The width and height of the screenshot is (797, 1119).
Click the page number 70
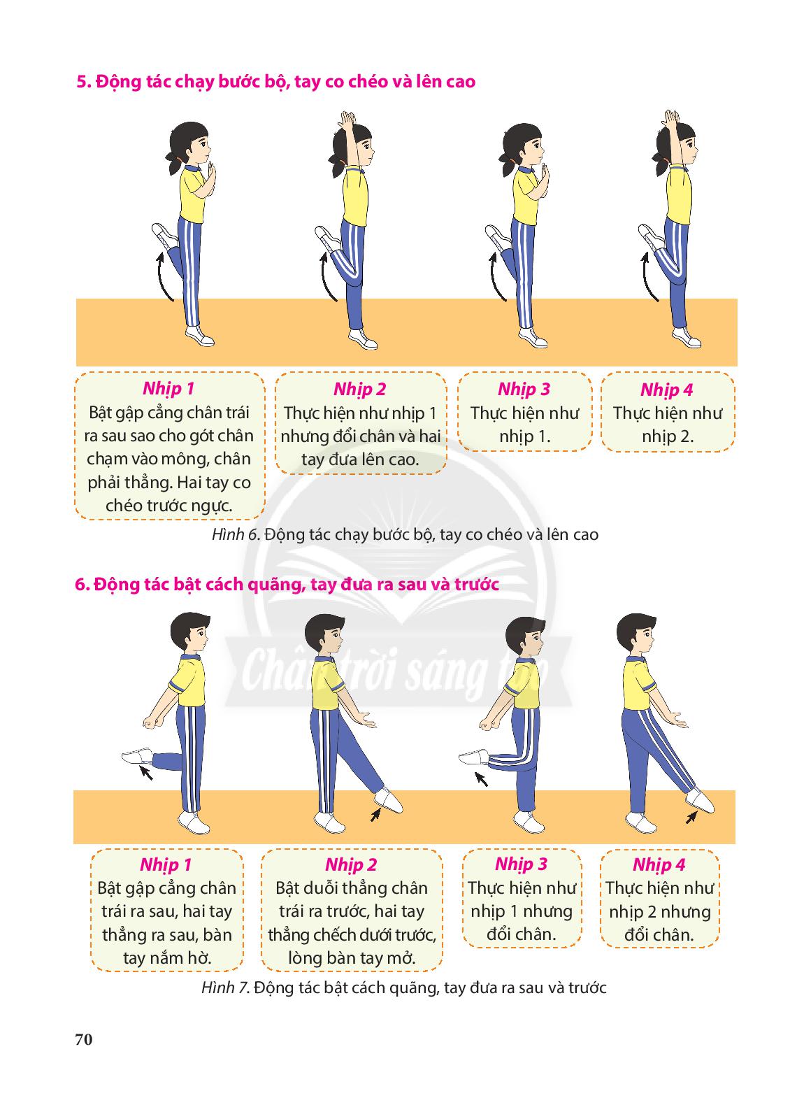pyautogui.click(x=84, y=1039)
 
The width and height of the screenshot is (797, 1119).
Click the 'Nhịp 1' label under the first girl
pyautogui.click(x=168, y=389)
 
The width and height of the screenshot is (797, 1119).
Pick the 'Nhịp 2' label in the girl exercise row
pyautogui.click(x=360, y=389)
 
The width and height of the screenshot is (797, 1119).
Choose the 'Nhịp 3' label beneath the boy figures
pyautogui.click(x=522, y=864)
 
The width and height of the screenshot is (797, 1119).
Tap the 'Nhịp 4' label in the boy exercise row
pyautogui.click(x=659, y=864)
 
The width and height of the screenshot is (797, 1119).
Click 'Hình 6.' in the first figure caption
pyautogui.click(x=236, y=534)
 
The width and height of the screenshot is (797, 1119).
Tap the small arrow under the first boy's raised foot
pyautogui.click(x=146, y=773)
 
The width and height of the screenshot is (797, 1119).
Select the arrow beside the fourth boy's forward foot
pyautogui.click(x=691, y=818)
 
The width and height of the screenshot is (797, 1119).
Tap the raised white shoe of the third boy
pyautogui.click(x=473, y=757)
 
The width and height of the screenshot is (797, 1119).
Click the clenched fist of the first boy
pyautogui.click(x=150, y=723)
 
